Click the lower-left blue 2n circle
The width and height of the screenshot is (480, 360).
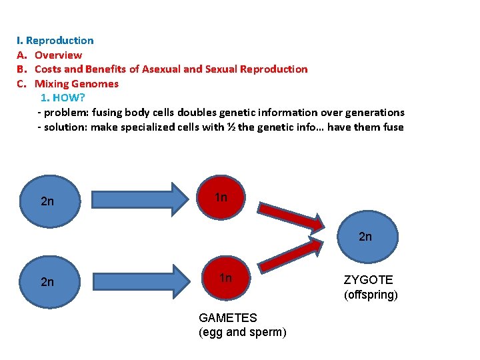point(47,282)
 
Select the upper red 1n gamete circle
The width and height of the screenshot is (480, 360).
point(222,198)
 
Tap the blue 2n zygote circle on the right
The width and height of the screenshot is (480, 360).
point(366,236)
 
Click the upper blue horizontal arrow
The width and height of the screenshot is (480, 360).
point(139,200)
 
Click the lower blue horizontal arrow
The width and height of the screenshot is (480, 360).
point(139,281)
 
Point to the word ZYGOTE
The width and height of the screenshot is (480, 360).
point(368,280)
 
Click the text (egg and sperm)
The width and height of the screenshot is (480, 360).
point(242,332)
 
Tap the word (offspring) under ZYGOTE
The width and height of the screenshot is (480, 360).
point(371,294)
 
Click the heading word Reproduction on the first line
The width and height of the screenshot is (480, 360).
point(59,41)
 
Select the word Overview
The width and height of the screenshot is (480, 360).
point(58,55)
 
